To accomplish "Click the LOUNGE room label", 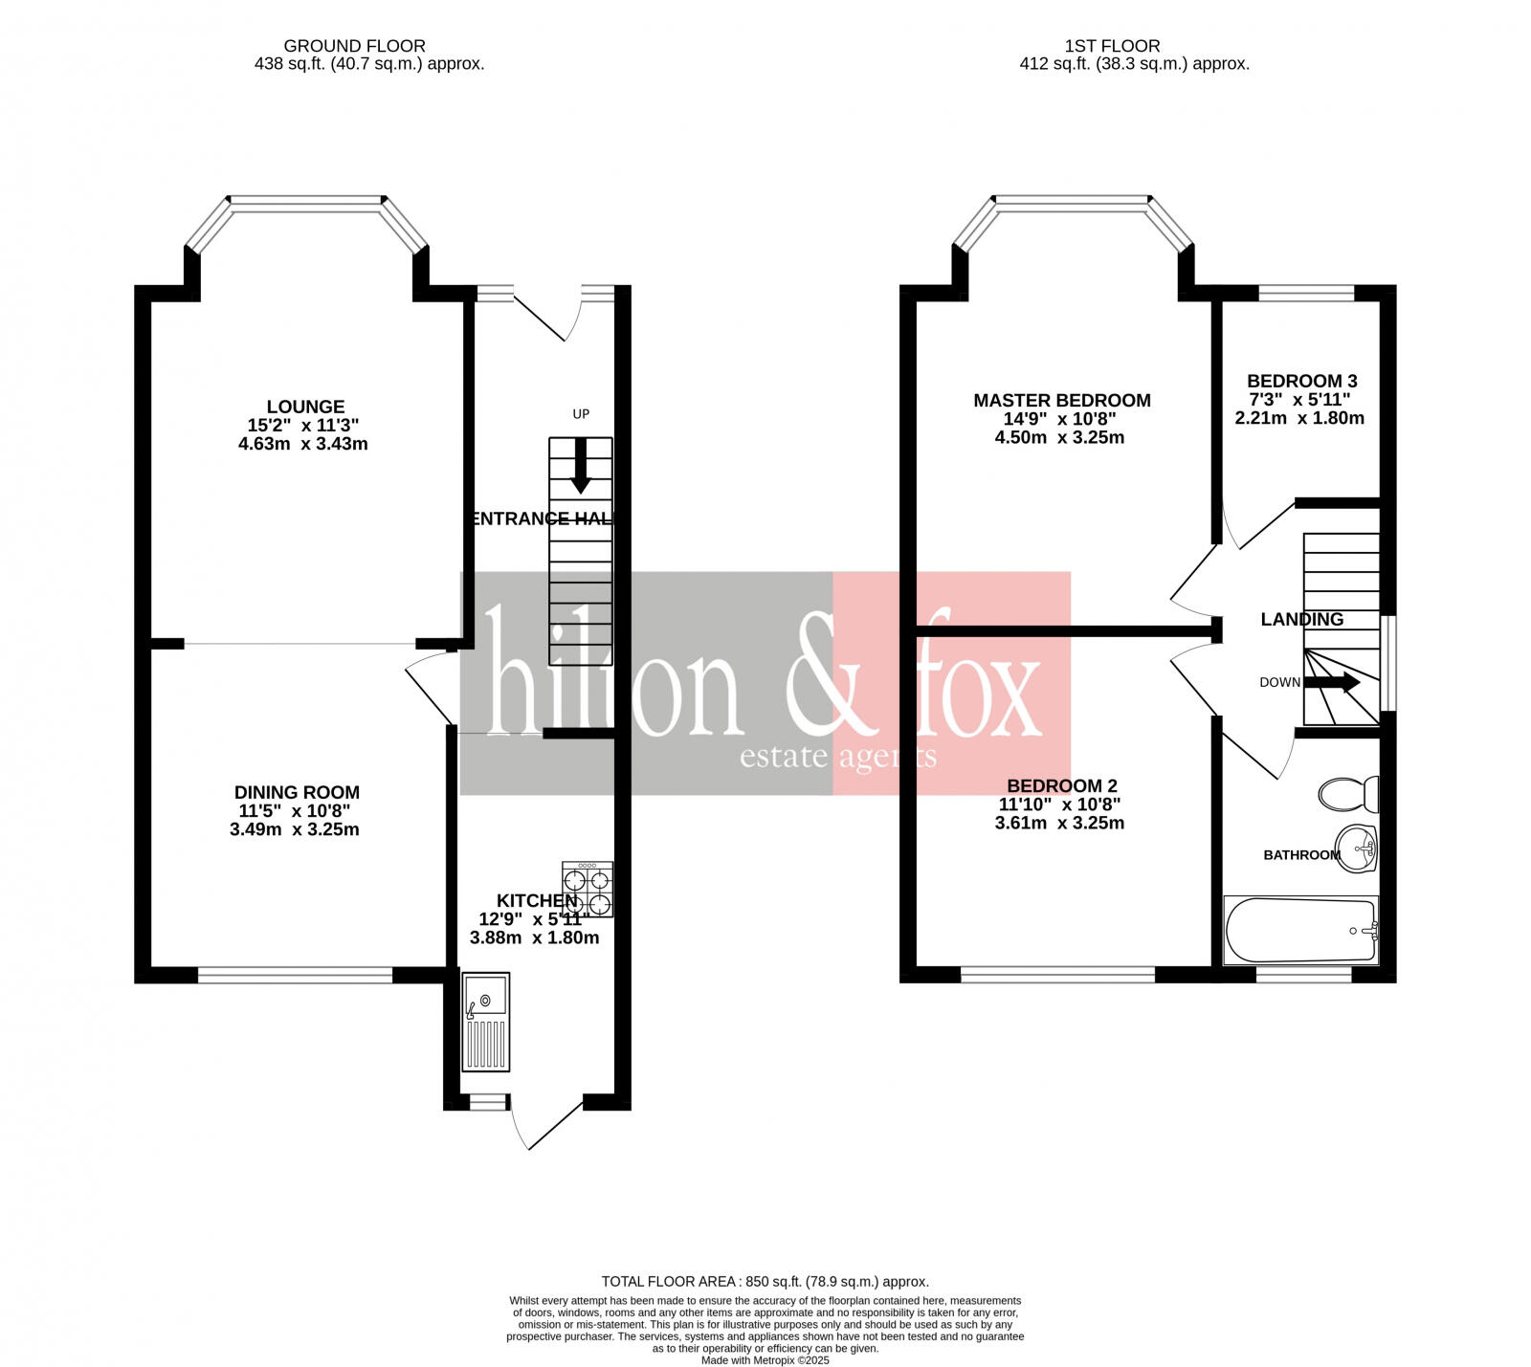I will click(305, 407).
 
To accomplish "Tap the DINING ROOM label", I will click(297, 792).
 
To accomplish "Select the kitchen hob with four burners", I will click(588, 890).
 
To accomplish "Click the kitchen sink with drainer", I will click(485, 1022).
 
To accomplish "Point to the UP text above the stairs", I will click(581, 414).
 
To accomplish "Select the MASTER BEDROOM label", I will click(1061, 401).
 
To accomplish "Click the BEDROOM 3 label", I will click(1301, 381).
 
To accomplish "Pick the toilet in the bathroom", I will click(1348, 793).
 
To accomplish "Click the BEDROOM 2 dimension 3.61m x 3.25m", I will click(1059, 823).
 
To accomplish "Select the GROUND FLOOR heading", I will click(354, 46).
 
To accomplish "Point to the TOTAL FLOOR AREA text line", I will click(765, 1281).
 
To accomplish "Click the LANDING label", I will click(1301, 619).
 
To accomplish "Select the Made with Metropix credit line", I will click(765, 1360).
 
